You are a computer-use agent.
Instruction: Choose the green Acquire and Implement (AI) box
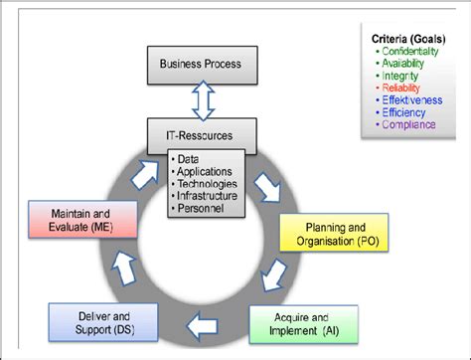(x=308, y=324)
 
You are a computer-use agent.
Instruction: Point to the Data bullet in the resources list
(x=188, y=159)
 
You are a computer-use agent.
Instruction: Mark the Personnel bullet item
(x=200, y=209)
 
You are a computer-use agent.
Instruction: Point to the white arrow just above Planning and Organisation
(x=267, y=186)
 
